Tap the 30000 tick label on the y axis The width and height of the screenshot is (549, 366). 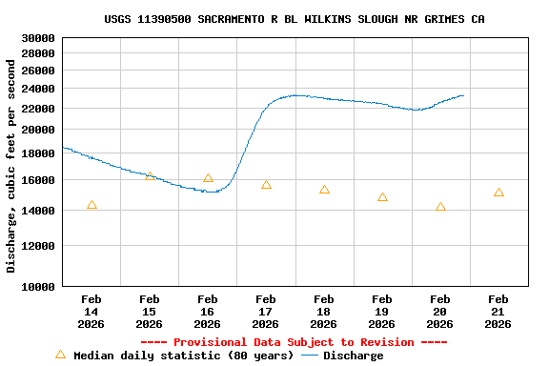tap(38, 38)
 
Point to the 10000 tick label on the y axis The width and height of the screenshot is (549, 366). tap(38, 286)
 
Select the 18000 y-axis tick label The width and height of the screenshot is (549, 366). tap(38, 153)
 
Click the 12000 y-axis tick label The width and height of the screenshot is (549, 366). tap(38, 246)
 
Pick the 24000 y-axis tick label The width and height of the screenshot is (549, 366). tap(38, 89)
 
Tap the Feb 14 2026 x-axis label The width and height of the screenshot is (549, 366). tap(91, 312)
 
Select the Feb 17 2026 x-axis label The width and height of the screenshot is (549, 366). tap(266, 312)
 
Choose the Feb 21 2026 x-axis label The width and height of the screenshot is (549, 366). tap(498, 312)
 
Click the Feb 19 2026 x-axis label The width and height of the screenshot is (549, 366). tap(382, 312)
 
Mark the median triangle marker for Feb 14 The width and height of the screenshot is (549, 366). tap(91, 205)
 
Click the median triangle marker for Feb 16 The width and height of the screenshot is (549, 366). tap(208, 178)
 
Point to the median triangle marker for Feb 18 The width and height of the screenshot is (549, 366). tap(324, 190)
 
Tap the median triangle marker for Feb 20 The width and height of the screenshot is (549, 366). tap(440, 207)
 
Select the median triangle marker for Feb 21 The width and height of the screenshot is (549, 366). tap(498, 193)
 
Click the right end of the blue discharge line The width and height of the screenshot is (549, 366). tap(464, 95)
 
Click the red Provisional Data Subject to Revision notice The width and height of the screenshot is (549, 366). tap(294, 342)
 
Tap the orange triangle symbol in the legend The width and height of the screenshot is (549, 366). tap(60, 355)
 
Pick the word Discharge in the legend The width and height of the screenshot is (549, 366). tap(353, 356)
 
